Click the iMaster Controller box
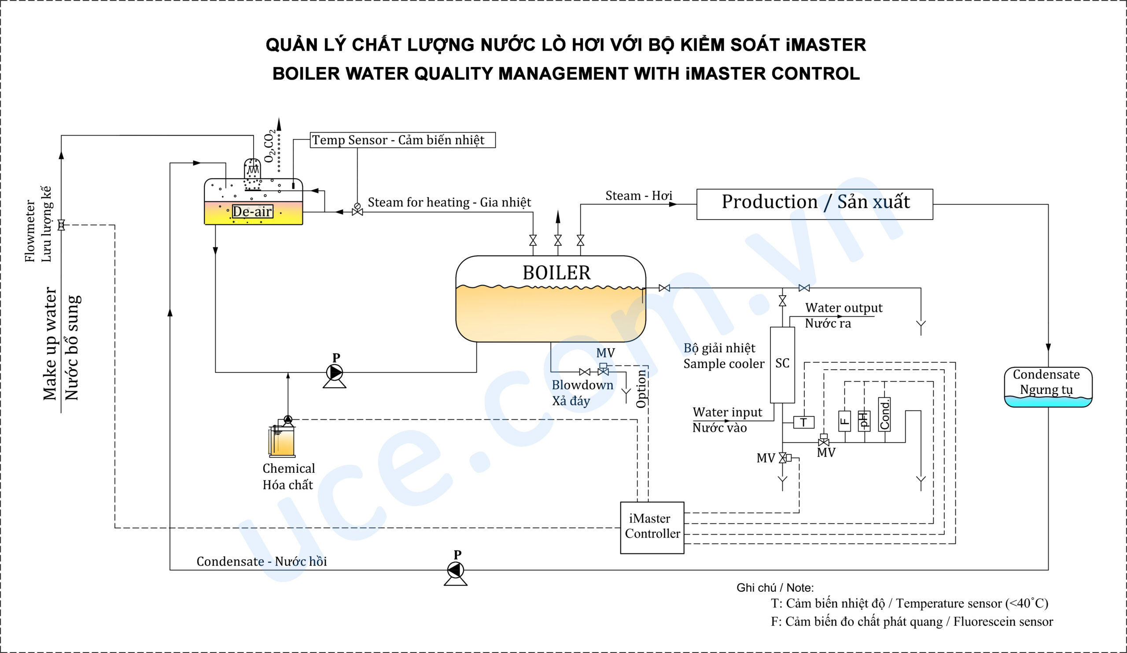click(652, 528)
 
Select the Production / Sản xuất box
click(814, 204)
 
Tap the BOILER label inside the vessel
click(556, 273)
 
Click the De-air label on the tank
click(252, 211)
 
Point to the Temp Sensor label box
click(402, 140)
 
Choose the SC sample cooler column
click(782, 364)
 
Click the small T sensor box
click(803, 422)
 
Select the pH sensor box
click(864, 421)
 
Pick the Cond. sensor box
click(884, 415)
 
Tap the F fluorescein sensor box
click(844, 421)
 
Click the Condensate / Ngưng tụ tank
click(1048, 387)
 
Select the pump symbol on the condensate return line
click(456, 570)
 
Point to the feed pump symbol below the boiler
click(335, 372)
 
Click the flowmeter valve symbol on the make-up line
click(61, 225)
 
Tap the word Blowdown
click(582, 385)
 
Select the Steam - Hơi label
click(639, 195)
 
